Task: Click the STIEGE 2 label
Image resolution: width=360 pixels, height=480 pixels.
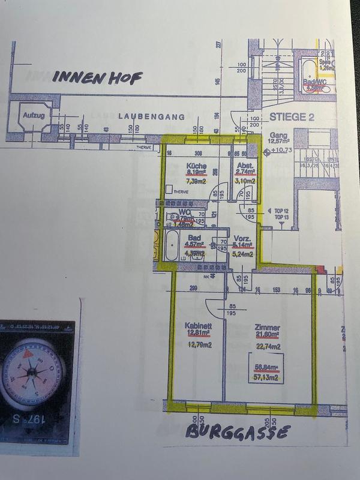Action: pyautogui.click(x=292, y=118)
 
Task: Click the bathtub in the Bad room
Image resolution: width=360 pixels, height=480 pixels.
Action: pyautogui.click(x=169, y=247)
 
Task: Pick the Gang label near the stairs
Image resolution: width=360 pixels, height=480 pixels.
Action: pyautogui.click(x=278, y=135)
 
